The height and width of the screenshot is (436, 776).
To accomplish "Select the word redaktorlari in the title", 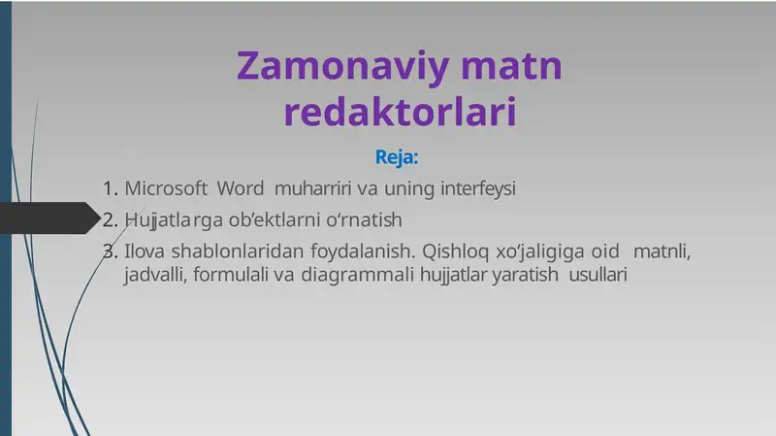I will (x=399, y=113).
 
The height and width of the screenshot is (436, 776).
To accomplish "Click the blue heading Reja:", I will (x=397, y=156).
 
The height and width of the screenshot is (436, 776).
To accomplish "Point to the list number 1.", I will (x=109, y=188).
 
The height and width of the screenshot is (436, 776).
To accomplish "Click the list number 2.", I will (x=109, y=218).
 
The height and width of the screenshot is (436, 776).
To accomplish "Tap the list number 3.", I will (x=109, y=252).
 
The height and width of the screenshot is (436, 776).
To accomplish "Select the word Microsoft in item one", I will (x=166, y=188).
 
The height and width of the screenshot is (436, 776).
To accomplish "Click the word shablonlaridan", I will (x=225, y=252).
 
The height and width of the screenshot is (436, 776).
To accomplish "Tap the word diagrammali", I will (x=358, y=275).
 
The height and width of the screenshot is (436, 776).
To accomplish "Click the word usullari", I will (x=598, y=275).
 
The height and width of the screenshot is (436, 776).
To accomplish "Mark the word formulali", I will (x=232, y=275).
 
